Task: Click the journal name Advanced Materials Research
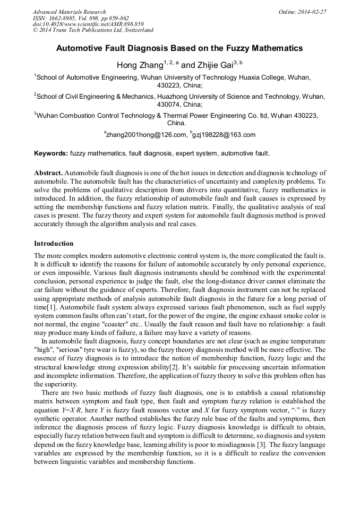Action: click(69, 12)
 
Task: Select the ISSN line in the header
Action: click(81, 18)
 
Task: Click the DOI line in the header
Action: click(88, 24)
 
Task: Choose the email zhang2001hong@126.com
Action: click(147, 135)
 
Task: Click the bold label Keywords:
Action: click(51, 153)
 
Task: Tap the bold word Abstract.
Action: click(48, 173)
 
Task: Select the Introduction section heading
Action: click(54, 244)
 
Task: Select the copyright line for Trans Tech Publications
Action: click(93, 30)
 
